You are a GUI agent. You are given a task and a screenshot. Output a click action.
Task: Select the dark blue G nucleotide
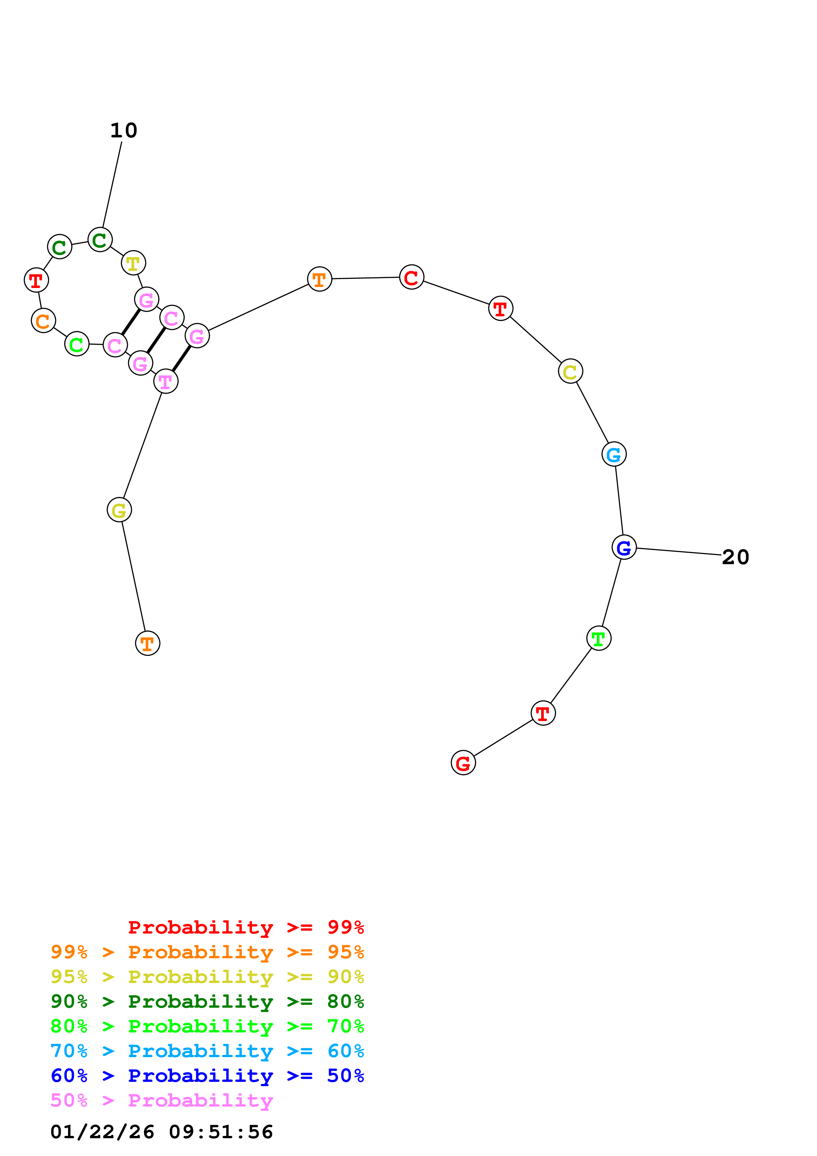pyautogui.click(x=624, y=547)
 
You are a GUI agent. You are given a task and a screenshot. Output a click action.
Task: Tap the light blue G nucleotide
pyautogui.click(x=614, y=454)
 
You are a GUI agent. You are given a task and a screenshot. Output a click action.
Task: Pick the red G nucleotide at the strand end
pyautogui.click(x=463, y=763)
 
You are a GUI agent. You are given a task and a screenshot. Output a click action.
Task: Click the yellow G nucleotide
pyautogui.click(x=119, y=510)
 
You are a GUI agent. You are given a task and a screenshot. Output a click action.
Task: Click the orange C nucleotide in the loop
pyautogui.click(x=43, y=321)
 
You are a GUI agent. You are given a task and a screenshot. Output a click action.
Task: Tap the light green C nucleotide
pyautogui.click(x=76, y=344)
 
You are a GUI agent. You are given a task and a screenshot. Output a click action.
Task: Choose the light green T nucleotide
pyautogui.click(x=598, y=638)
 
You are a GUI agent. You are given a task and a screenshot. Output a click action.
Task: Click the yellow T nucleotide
pyautogui.click(x=133, y=263)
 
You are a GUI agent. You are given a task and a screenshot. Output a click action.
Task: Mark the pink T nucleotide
pyautogui.click(x=166, y=382)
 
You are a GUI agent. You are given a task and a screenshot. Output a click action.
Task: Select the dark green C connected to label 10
pyautogui.click(x=100, y=240)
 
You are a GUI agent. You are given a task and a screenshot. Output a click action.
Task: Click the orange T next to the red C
pyautogui.click(x=319, y=279)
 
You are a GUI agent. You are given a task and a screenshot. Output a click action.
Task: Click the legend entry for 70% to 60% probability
pyautogui.click(x=207, y=1051)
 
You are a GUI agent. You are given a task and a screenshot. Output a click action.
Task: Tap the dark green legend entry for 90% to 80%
pyautogui.click(x=207, y=1001)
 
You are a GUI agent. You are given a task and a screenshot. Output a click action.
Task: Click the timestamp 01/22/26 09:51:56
pyautogui.click(x=161, y=1131)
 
